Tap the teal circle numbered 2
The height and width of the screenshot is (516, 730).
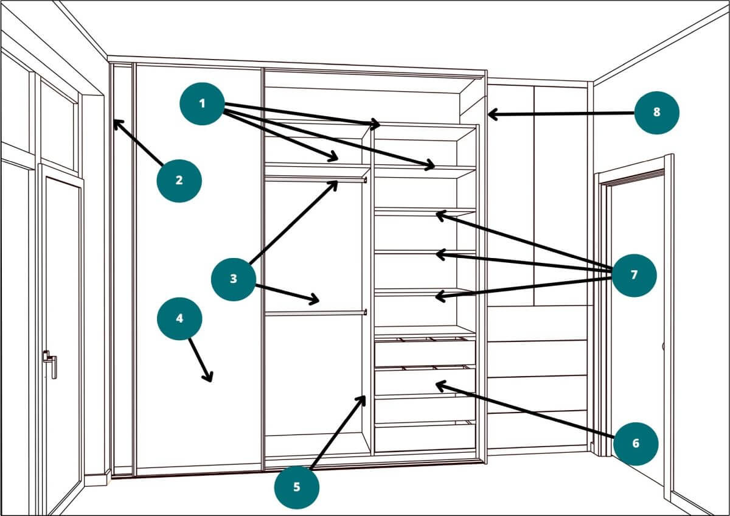[179, 180]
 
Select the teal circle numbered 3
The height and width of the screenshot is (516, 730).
[234, 279]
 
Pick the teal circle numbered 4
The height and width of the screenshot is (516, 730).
[179, 318]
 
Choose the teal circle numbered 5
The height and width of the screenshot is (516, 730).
[297, 487]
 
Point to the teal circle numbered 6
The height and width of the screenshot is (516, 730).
[636, 443]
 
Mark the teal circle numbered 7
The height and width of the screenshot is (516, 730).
[634, 275]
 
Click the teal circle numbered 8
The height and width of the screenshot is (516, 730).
[656, 112]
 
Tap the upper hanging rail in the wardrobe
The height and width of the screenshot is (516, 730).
[315, 180]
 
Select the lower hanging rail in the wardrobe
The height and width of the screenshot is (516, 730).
[315, 313]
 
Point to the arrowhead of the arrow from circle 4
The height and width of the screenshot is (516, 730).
[210, 380]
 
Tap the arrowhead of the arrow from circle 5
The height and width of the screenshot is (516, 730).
[364, 398]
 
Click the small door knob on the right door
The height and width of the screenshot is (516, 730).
[663, 347]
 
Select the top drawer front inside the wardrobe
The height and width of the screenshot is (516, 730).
[425, 353]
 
